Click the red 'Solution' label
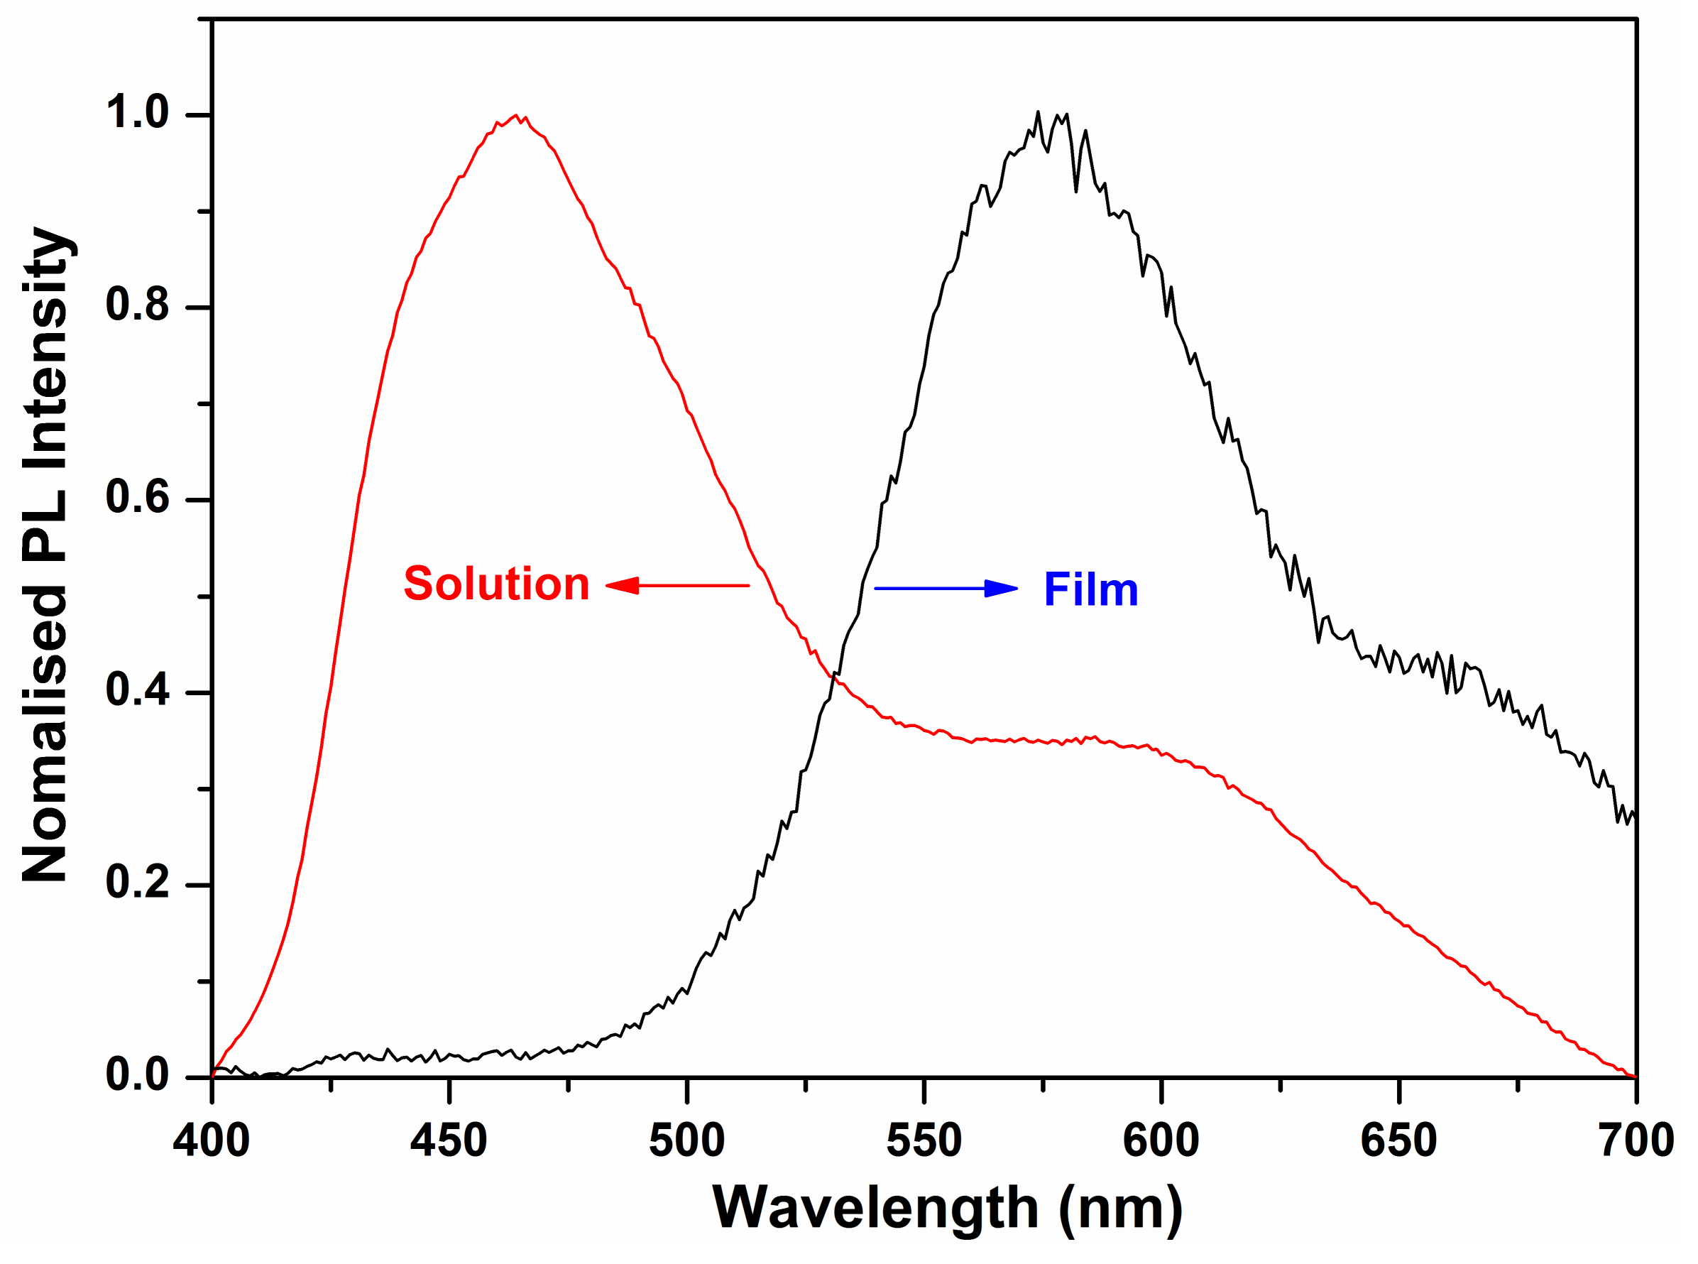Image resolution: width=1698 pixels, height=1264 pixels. [x=496, y=584]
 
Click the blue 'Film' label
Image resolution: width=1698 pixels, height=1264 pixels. [x=1090, y=590]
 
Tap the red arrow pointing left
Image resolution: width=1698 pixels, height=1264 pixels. [x=677, y=586]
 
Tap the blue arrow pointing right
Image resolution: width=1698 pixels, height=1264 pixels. [x=946, y=589]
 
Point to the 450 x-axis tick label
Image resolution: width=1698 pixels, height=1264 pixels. [x=448, y=1140]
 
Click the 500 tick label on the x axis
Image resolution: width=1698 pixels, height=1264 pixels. [x=687, y=1140]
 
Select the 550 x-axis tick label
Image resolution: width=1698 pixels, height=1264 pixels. [x=924, y=1140]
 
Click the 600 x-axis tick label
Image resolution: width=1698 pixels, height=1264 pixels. [x=1161, y=1140]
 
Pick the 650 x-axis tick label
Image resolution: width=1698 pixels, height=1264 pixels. [x=1399, y=1140]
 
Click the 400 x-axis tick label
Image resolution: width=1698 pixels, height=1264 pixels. [x=211, y=1140]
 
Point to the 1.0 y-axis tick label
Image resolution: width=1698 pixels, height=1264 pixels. [x=137, y=112]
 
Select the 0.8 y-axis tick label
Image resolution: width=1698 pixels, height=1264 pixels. [x=137, y=305]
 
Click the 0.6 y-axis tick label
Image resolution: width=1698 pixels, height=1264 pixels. [x=137, y=497]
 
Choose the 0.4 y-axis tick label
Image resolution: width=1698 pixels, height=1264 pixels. [x=137, y=690]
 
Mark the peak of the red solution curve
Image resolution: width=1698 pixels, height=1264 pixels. [x=516, y=116]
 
